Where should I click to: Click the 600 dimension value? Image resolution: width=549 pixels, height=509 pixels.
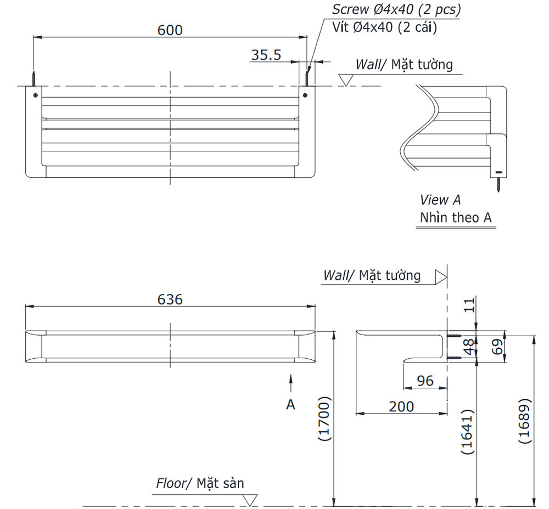[170, 30]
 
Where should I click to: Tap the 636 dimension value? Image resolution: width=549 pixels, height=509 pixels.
[170, 299]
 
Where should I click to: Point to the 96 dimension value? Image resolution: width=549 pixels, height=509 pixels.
[425, 381]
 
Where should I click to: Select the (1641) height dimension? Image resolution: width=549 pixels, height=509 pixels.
[467, 432]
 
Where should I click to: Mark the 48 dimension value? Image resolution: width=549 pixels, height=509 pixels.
[468, 347]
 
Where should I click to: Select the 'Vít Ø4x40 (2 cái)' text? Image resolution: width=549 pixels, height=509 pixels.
[384, 27]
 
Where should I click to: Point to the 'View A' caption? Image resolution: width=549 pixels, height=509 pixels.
[440, 200]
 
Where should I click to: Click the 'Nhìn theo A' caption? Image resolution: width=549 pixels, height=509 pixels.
[455, 217]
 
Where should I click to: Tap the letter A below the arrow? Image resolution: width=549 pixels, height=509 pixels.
[291, 404]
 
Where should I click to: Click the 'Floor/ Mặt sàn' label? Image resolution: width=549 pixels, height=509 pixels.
[200, 483]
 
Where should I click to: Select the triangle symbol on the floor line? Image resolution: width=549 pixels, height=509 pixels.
[251, 500]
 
